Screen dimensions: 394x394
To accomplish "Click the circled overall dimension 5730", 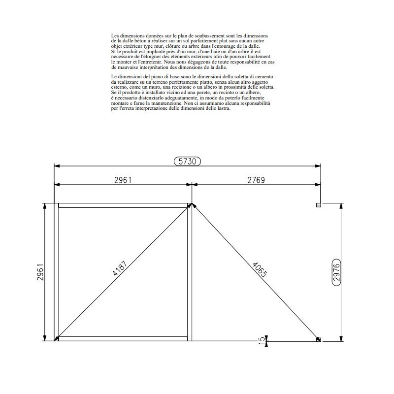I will pos(188,161).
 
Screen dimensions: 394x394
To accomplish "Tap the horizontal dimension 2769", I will pos(256,180).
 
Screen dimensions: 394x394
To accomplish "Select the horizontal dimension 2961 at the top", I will pos(123,180).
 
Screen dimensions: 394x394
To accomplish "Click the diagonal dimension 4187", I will pos(120,270).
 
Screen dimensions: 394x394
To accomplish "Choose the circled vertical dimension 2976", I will pos(337,271).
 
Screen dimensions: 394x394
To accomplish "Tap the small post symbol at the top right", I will pos(319,204).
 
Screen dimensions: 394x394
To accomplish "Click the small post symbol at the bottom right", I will pos(319,339).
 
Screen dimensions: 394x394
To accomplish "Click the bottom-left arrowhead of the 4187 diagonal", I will pos(57,338).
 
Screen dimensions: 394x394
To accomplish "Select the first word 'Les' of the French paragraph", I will pos(115,36).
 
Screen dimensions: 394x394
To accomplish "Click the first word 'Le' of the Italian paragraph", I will pos(114,77).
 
